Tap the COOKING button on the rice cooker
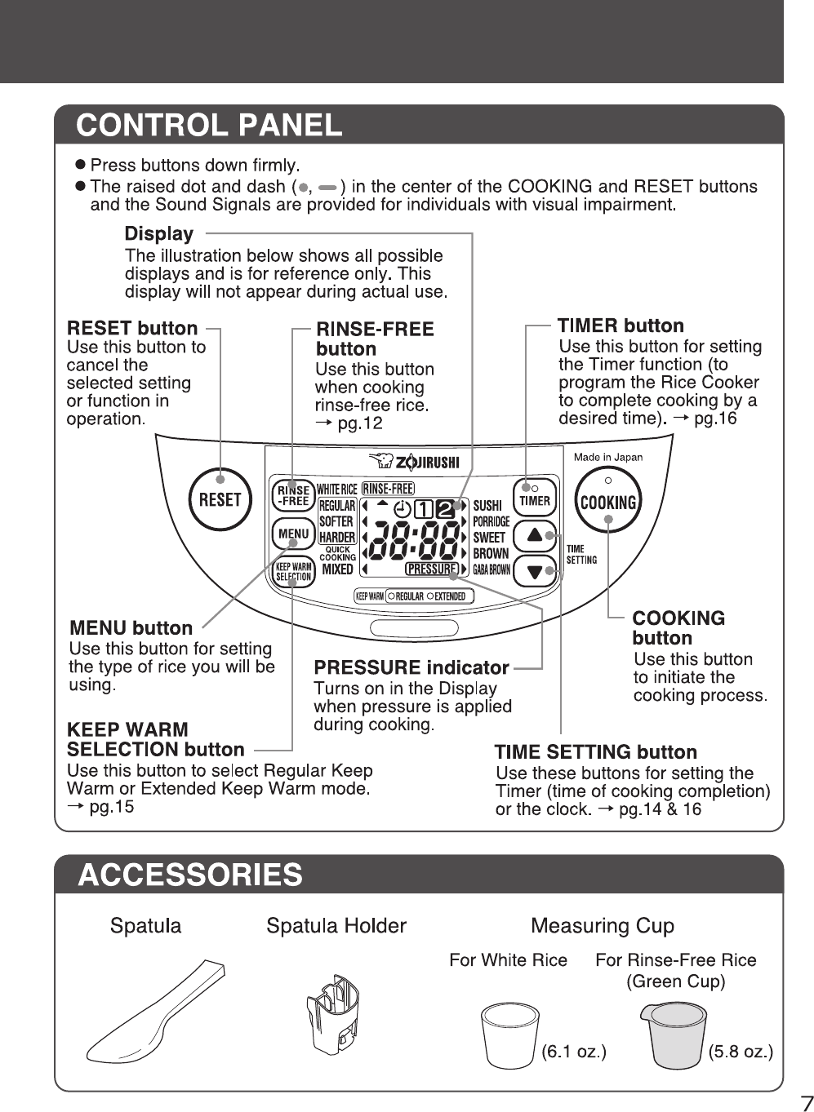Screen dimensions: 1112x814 [608, 501]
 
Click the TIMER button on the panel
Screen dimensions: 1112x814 [535, 498]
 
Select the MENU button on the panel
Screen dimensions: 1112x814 [293, 534]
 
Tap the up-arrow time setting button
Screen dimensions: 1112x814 [534, 535]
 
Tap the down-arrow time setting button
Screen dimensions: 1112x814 [534, 570]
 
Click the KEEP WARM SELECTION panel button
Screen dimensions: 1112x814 [293, 571]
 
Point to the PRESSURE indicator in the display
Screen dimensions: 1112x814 [431, 569]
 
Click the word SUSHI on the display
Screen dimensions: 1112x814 [487, 506]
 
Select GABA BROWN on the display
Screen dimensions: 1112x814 [491, 569]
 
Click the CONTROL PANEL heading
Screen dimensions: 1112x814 [209, 125]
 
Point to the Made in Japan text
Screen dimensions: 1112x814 [607, 457]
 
